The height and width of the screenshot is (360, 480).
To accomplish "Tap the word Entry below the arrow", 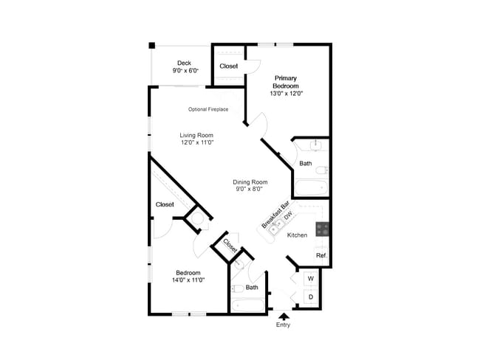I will pos(284,325).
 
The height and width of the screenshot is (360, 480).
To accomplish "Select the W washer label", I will pos(310,279).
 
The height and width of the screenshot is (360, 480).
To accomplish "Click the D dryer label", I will pos(310,297).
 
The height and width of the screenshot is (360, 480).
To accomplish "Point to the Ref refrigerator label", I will pos(320,256).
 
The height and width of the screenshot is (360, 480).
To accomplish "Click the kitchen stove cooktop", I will pos(323,229).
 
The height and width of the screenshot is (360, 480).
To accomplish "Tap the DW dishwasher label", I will pos(288,216).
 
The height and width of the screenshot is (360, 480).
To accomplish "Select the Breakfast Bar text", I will pos(273,212).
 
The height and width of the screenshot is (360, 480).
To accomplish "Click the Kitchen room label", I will pos(297,235).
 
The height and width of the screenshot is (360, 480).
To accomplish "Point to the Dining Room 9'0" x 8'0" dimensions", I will pos(250,190).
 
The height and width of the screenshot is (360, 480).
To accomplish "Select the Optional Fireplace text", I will pos(208,110).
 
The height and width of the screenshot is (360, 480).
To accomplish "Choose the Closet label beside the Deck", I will pos(229,66).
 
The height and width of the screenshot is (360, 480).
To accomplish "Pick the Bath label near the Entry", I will pos(252,288).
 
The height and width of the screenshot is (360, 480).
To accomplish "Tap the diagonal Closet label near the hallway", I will pos(230,246).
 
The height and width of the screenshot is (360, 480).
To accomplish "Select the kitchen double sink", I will pos(279,229).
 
